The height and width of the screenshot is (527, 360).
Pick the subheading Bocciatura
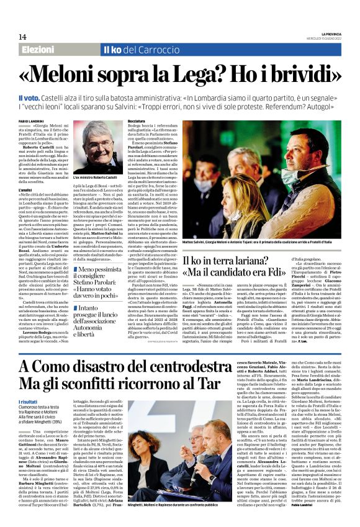coord(136,120)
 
